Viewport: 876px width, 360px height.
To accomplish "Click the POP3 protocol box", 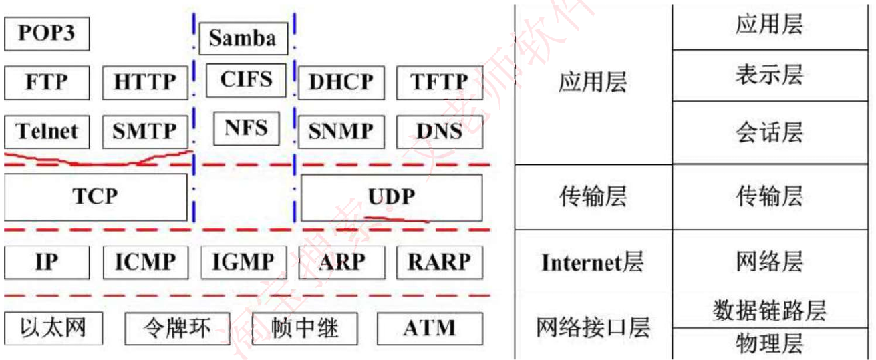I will (46, 34).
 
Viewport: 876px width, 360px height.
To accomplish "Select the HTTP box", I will (145, 82).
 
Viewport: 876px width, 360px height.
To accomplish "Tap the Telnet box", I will (46, 131).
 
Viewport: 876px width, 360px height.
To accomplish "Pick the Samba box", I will (243, 38).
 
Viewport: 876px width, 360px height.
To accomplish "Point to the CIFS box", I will (246, 80).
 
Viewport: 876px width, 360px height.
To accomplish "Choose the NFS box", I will (246, 128).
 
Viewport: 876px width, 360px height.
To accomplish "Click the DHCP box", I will (341, 82).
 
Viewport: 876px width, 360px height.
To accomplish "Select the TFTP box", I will (439, 82).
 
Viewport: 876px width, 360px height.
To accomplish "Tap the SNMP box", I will (341, 131).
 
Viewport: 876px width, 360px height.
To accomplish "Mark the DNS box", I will (439, 131).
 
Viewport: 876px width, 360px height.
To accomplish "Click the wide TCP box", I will (96, 197).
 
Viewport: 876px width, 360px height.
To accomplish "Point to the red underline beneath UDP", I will (398, 217).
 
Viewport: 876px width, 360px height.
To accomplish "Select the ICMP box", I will (145, 262).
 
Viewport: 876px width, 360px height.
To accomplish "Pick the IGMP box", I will (243, 262).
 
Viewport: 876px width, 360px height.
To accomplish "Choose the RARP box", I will (439, 262).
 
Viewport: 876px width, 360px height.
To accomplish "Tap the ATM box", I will (430, 329).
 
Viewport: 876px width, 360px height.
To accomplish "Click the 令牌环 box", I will (177, 329).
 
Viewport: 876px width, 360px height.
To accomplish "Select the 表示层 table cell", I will (769, 75).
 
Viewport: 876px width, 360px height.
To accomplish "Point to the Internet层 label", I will (592, 262).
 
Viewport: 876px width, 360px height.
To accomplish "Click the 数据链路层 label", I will (769, 311).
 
